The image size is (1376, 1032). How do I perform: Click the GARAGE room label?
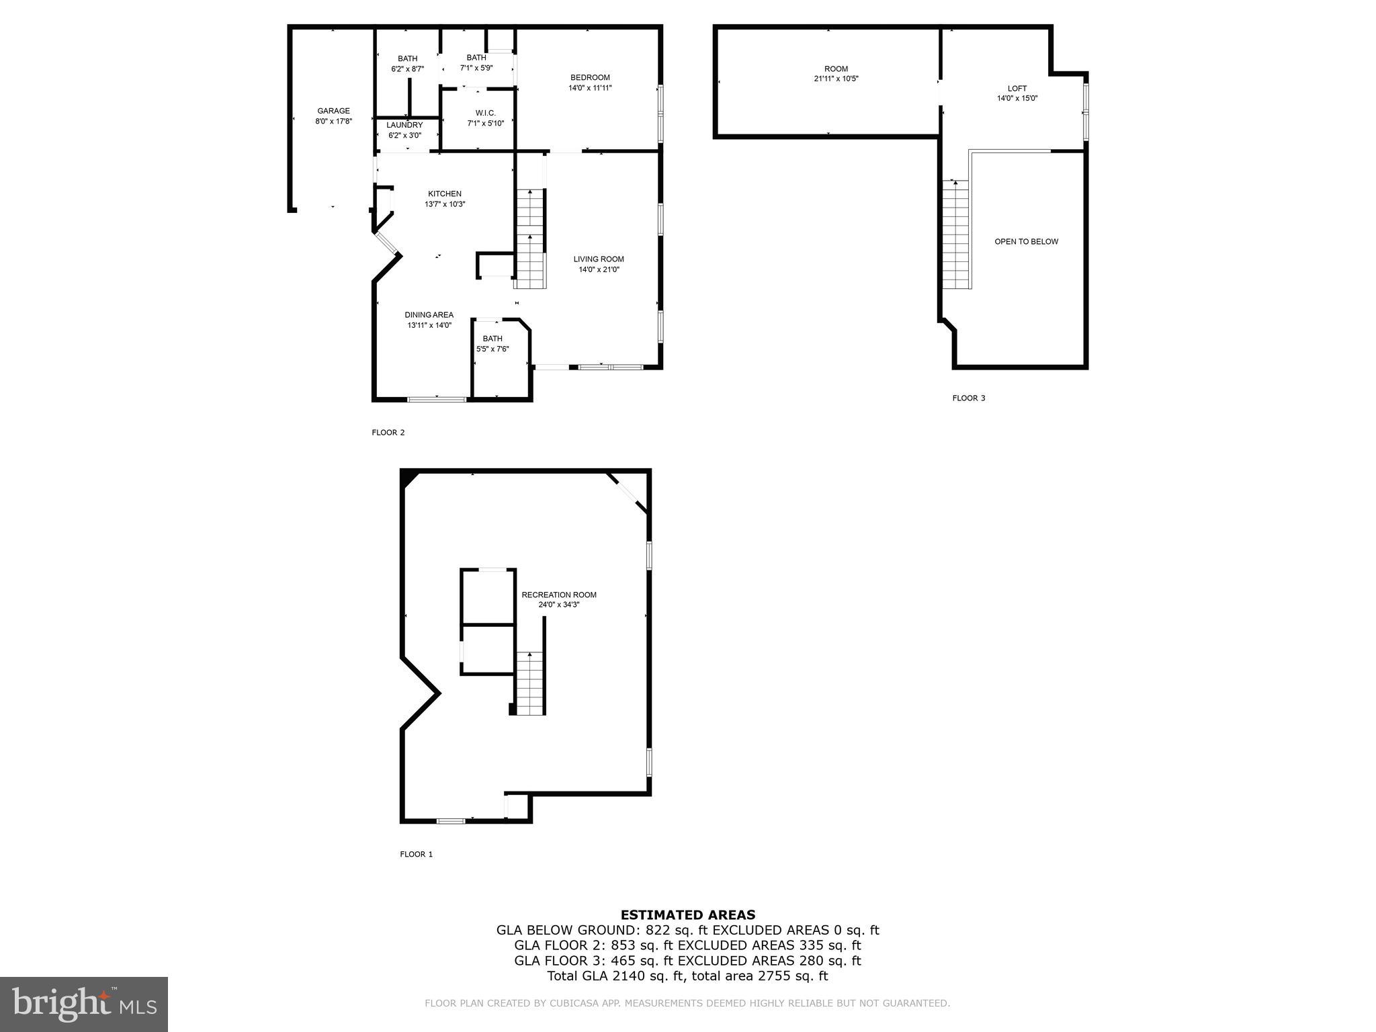333,111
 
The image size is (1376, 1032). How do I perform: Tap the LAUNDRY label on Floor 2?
404,125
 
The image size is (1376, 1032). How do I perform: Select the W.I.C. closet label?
485,113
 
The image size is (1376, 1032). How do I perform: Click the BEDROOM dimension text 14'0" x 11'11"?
590,88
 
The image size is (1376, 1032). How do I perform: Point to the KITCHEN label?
444,194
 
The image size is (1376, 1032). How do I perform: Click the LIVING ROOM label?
599,259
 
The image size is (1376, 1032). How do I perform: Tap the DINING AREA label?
429,315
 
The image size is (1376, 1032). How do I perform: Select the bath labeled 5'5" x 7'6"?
492,343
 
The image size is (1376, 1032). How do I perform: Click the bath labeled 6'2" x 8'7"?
407,64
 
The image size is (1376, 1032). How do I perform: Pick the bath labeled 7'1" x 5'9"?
476,62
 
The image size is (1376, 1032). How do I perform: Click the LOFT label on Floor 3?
1017,89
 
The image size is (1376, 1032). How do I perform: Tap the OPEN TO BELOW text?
1026,242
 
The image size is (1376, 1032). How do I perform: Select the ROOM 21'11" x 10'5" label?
836,73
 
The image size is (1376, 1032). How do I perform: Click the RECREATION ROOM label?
559,595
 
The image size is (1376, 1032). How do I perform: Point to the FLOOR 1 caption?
417,854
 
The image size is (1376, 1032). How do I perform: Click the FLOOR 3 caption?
968,398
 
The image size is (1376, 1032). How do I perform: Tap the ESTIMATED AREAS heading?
687,914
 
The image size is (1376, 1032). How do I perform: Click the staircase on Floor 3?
956,235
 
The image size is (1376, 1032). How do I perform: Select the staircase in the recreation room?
530,684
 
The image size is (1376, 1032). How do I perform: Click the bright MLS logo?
84,1004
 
